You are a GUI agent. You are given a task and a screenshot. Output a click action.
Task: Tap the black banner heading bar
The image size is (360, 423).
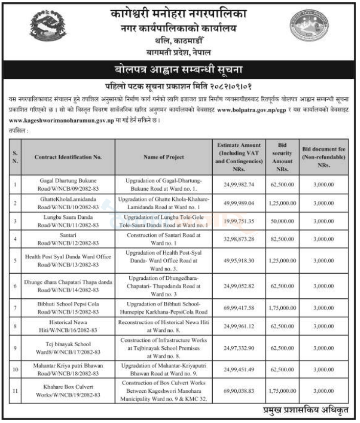click(x=179, y=69)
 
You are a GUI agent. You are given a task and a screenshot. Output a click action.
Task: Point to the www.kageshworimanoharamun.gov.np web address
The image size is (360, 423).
click(x=63, y=120)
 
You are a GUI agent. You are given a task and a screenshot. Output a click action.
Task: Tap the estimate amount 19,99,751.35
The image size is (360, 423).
click(x=240, y=221)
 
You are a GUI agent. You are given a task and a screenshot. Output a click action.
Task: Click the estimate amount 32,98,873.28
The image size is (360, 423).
click(x=240, y=239)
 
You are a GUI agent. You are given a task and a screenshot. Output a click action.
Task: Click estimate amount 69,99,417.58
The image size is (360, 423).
click(x=240, y=307)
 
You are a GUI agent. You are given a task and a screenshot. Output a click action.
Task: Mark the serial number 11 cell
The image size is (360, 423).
click(x=15, y=391)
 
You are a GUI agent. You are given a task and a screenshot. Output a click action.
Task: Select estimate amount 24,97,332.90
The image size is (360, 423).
click(x=240, y=348)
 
